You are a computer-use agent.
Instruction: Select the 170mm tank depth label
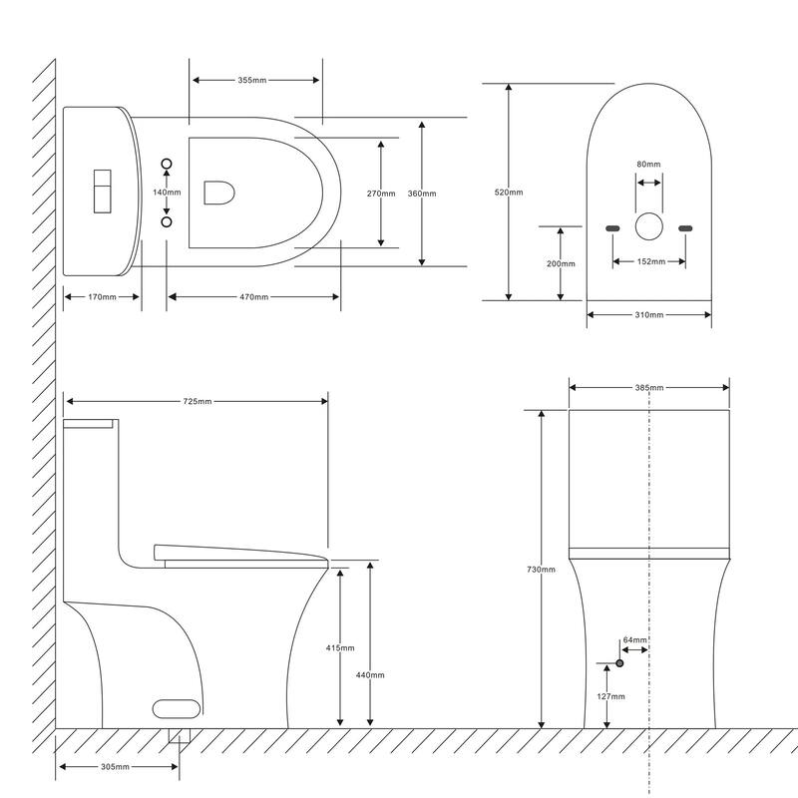pyautogui.click(x=102, y=296)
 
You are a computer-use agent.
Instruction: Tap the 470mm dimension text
pyautogui.click(x=253, y=296)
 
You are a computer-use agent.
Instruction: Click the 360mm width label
pyautogui.click(x=422, y=194)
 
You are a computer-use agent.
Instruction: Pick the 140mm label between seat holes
pyautogui.click(x=167, y=192)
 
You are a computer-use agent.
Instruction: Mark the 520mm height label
pyautogui.click(x=509, y=193)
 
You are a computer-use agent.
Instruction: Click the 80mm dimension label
pyautogui.click(x=648, y=165)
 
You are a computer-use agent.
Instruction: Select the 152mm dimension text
pyautogui.click(x=648, y=262)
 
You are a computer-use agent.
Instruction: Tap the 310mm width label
pyautogui.click(x=648, y=315)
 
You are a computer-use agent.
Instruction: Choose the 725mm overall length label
pyautogui.click(x=197, y=401)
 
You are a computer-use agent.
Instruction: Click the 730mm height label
pyautogui.click(x=542, y=569)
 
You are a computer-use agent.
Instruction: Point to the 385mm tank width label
pyautogui.click(x=649, y=387)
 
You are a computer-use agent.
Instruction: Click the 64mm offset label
pyautogui.click(x=634, y=639)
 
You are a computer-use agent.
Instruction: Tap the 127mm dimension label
pyautogui.click(x=611, y=696)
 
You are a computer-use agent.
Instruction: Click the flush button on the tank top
pyautogui.click(x=102, y=190)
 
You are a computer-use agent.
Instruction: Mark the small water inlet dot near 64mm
pyautogui.click(x=619, y=662)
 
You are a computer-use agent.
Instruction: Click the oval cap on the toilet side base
pyautogui.click(x=177, y=708)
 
